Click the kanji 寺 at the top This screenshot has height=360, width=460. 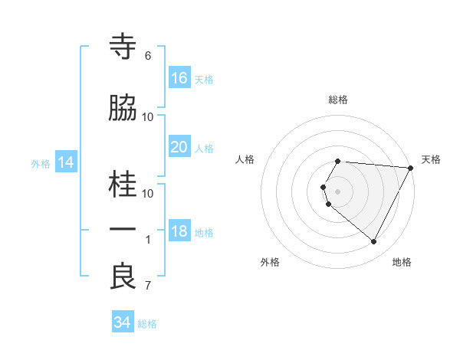click(123, 47)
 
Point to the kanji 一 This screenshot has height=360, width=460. click(123, 231)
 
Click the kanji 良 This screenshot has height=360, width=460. click(123, 277)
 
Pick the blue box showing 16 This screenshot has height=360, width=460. click(179, 78)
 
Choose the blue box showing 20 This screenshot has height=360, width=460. click(179, 147)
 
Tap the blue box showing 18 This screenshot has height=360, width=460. click(179, 232)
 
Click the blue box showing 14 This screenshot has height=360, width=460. click(66, 162)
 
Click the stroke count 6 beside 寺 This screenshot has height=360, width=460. click(147, 56)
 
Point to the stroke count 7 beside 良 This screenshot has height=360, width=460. click(147, 286)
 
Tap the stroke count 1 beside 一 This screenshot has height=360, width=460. click(147, 240)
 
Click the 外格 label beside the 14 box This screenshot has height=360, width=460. click(41, 163)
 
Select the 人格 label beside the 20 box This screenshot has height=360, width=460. click(204, 149)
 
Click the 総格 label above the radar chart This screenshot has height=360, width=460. click(338, 100)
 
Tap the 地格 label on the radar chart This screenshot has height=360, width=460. click(402, 262)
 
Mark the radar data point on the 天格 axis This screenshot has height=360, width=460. click(411, 168)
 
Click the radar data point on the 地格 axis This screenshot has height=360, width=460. click(374, 242)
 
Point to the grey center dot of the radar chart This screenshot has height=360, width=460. click(338, 191)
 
